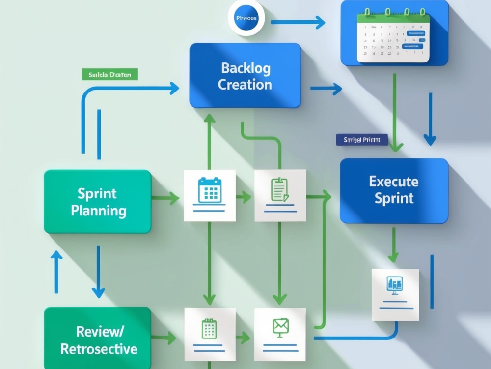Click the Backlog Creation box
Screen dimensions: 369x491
pyautogui.click(x=245, y=75)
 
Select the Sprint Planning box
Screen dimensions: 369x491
pyautogui.click(x=98, y=201)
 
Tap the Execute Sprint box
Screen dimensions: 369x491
pyautogui.click(x=394, y=190)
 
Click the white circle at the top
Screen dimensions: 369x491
pyautogui.click(x=246, y=18)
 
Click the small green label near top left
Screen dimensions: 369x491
pyautogui.click(x=109, y=75)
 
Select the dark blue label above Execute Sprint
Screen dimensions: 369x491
pyautogui.click(x=362, y=140)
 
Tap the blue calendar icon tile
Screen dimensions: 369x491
pyautogui.click(x=210, y=195)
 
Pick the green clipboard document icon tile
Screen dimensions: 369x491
pyautogui.click(x=280, y=195)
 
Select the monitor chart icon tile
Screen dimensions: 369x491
pyautogui.click(x=395, y=294)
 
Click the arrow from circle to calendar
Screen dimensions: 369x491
pyautogui.click(x=298, y=22)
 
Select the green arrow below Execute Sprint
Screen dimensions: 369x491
pyautogui.click(x=393, y=245)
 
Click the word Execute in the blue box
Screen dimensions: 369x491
pyautogui.click(x=394, y=182)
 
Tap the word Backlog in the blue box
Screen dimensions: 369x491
pyautogui.click(x=245, y=68)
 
